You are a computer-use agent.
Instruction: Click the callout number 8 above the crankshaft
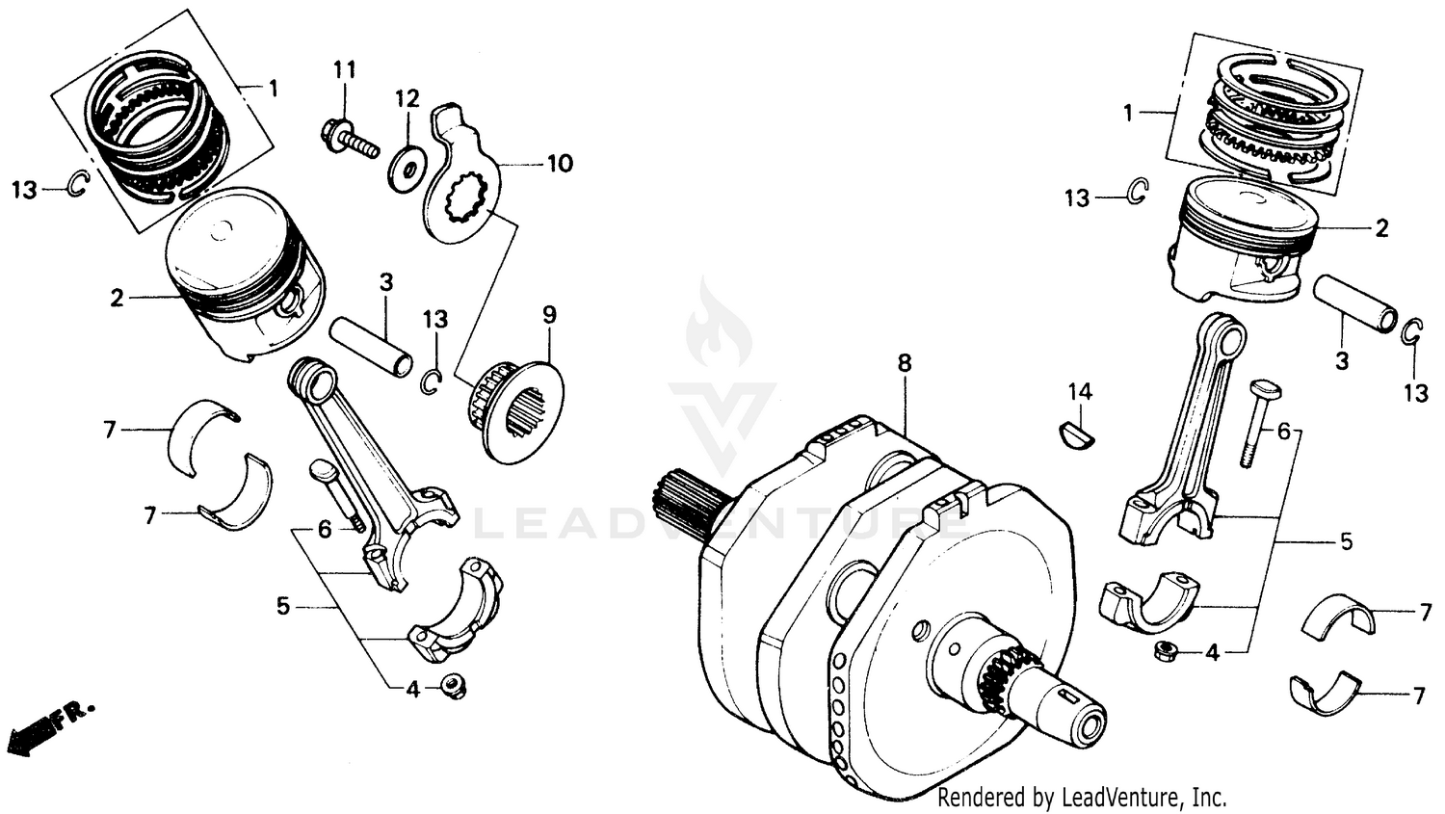pyautogui.click(x=904, y=363)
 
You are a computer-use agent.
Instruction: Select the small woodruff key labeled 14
pyautogui.click(x=1077, y=435)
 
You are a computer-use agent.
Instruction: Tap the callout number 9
pyautogui.click(x=549, y=314)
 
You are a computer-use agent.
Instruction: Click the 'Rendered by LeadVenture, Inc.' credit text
pyautogui.click(x=1082, y=798)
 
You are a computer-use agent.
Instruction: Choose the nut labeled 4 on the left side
pyautogui.click(x=452, y=687)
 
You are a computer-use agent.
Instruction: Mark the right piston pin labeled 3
pyautogui.click(x=1354, y=303)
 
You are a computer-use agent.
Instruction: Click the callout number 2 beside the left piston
pyautogui.click(x=117, y=298)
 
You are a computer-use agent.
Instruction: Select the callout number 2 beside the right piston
pyautogui.click(x=1381, y=228)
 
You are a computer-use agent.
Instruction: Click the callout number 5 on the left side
pyautogui.click(x=282, y=606)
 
